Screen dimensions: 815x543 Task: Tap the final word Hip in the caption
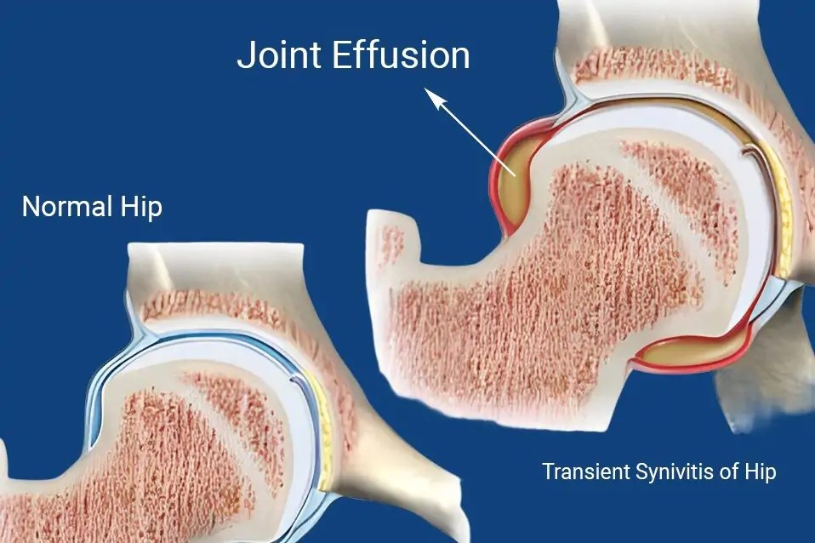click(761, 472)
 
